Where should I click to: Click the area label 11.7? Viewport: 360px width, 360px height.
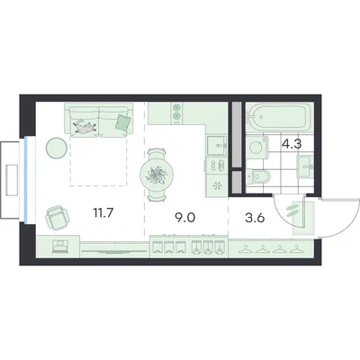point(103,213)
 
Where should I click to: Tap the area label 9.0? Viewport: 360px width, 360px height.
point(185,218)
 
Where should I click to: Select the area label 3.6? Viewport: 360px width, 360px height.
point(255,218)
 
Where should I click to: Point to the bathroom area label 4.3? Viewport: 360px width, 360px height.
point(292,144)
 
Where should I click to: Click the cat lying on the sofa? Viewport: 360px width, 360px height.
point(85,126)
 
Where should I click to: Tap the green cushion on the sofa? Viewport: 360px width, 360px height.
point(123,122)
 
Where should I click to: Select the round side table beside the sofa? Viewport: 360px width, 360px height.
point(57,148)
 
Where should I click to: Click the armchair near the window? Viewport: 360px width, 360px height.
point(58,217)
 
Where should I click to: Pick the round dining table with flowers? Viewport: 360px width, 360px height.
point(157,175)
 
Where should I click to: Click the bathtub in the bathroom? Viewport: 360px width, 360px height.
point(279,116)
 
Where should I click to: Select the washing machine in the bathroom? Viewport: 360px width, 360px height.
point(257,147)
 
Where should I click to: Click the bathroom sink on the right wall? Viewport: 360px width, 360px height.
point(305,165)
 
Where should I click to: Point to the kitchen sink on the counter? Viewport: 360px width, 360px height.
point(217,145)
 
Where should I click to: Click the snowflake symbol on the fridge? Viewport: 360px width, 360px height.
point(217,186)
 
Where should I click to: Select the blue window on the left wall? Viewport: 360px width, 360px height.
point(26,179)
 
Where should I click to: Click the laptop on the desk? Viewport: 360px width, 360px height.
point(59,247)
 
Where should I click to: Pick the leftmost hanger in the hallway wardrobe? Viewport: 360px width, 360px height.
point(245,249)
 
